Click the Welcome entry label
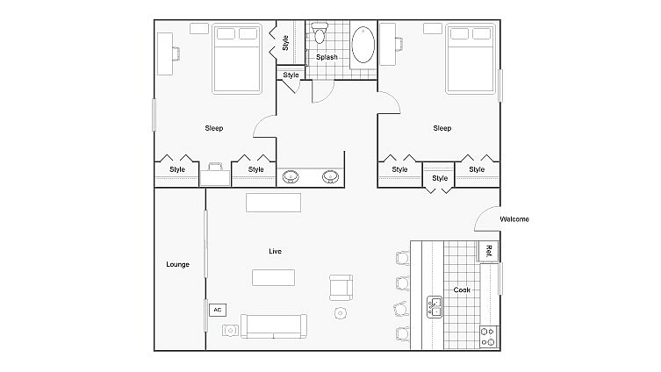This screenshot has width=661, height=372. pyautogui.click(x=514, y=219)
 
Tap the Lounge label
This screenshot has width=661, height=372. pyautogui.click(x=178, y=264)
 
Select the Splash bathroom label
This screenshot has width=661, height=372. pyautogui.click(x=327, y=57)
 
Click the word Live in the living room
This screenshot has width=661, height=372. pyautogui.click(x=275, y=252)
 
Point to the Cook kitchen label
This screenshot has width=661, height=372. pyautogui.click(x=461, y=290)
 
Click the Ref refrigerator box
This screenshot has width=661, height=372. pyautogui.click(x=487, y=252)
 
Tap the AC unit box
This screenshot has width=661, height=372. pyautogui.click(x=216, y=310)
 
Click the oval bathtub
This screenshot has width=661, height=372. pyautogui.click(x=362, y=45)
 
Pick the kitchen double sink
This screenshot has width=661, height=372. pyautogui.click(x=435, y=306)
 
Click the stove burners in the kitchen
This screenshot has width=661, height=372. pyautogui.click(x=487, y=336)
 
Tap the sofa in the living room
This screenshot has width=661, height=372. pyautogui.click(x=274, y=325)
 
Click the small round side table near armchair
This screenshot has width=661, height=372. pyautogui.click(x=341, y=312)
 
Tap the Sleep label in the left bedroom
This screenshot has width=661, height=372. pyautogui.click(x=213, y=128)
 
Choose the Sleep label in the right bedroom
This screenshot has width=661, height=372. pyautogui.click(x=442, y=128)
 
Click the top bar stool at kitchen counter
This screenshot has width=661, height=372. pyautogui.click(x=403, y=258)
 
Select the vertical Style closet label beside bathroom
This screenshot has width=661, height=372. pyautogui.click(x=286, y=42)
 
